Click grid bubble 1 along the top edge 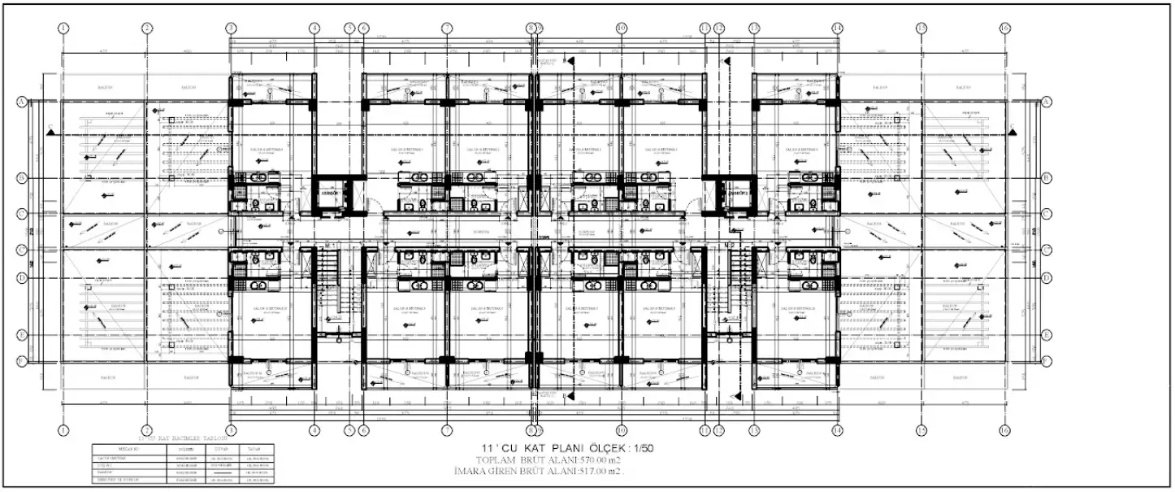63,28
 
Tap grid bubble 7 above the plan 446,28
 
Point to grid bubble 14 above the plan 837,28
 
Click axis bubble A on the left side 21,102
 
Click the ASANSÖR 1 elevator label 329,194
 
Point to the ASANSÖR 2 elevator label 738,194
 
